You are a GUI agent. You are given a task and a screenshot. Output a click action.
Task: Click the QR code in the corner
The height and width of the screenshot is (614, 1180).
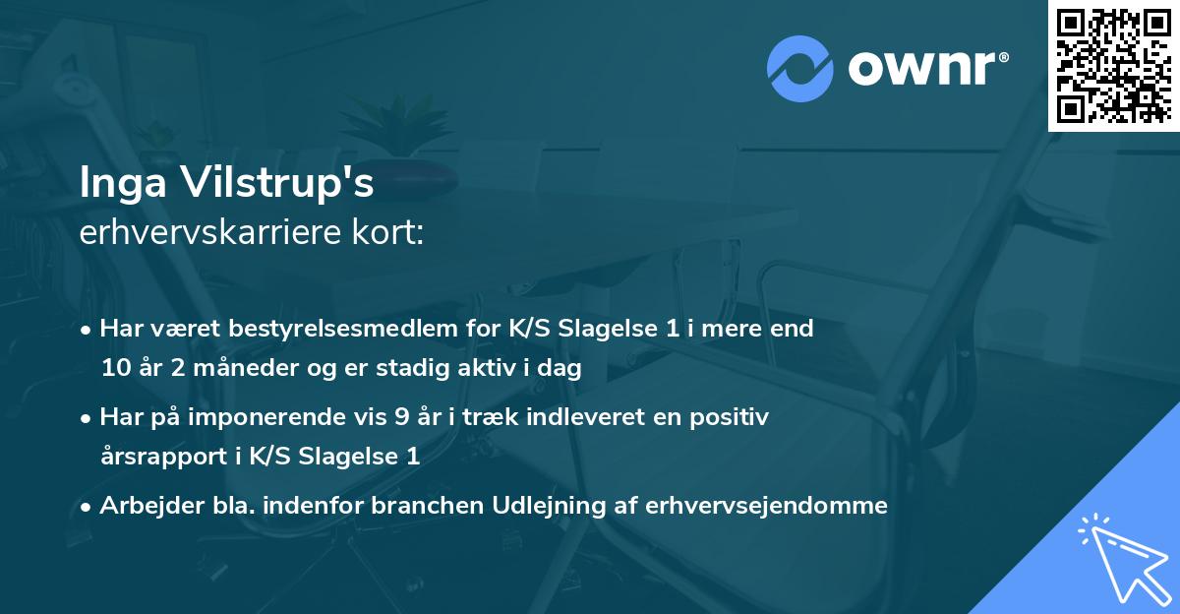[1114, 66]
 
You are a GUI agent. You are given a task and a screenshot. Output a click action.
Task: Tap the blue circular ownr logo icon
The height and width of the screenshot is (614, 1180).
[799, 68]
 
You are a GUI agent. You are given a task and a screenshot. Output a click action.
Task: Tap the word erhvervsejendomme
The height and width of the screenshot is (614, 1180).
[766, 506]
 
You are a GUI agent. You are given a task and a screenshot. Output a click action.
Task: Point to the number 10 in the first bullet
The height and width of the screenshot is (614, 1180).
[116, 369]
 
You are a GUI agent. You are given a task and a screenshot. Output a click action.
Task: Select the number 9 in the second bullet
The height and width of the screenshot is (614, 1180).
[401, 417]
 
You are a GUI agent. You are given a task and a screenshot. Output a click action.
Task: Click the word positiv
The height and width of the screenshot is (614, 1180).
[730, 417]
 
